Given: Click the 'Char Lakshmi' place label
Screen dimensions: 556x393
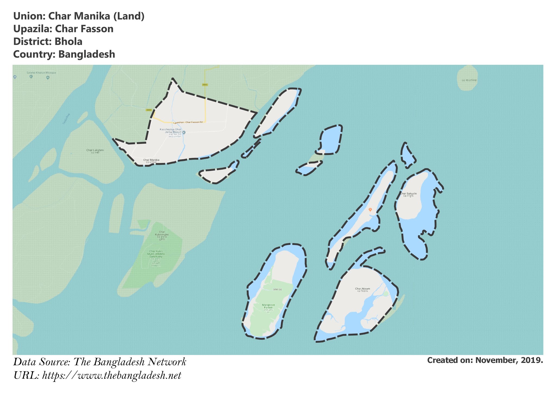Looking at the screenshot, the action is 95,150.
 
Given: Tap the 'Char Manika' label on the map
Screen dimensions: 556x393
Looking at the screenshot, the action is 151,160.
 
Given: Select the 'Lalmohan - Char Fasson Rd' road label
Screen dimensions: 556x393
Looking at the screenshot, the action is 188,122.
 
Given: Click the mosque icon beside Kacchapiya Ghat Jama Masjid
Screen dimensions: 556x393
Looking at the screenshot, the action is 184,132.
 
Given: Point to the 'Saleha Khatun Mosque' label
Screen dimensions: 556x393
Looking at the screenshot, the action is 41,73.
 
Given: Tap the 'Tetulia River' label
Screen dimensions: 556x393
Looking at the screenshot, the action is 66,119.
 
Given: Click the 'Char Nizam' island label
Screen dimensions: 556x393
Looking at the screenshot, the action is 362,289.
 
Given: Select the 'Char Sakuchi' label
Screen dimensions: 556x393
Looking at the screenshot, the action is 408,194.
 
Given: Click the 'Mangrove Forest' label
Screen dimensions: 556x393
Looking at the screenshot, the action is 268,306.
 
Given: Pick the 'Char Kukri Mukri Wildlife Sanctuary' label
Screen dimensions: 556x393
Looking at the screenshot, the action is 156,254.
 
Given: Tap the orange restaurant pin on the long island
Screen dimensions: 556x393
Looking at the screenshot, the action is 370,210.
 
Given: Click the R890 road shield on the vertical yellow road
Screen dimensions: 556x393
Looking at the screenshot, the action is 205,85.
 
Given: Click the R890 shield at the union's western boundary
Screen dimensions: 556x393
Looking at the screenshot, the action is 149,110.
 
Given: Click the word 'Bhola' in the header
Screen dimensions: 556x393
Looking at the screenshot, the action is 68,42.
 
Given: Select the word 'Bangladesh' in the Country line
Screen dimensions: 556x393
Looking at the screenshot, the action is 87,54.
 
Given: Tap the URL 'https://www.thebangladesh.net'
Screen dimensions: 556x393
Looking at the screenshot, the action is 112,376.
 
